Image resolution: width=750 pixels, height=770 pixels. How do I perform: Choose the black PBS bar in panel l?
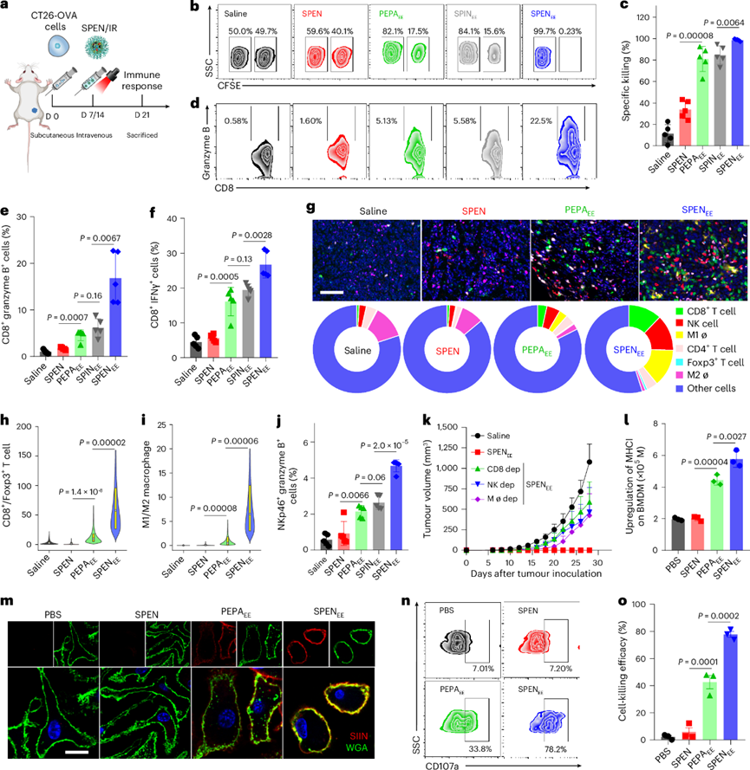click(629, 544)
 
